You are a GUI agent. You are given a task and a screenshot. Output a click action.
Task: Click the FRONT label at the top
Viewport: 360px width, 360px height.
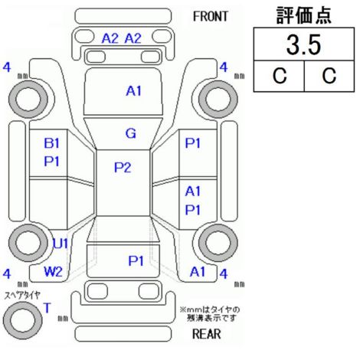(211, 17)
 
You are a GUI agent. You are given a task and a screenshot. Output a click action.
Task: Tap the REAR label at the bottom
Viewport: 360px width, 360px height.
(207, 334)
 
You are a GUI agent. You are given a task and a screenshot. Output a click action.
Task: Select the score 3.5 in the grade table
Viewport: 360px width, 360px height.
(303, 45)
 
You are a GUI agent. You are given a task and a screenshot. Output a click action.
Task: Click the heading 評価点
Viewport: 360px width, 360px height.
(303, 15)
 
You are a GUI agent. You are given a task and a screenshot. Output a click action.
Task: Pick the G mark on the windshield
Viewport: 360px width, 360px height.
(131, 133)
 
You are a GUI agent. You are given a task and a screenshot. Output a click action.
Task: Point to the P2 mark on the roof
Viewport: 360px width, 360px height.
(123, 168)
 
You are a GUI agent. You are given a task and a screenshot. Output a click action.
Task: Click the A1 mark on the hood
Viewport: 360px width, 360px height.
(133, 91)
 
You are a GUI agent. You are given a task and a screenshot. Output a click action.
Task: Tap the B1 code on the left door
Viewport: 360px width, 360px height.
(51, 143)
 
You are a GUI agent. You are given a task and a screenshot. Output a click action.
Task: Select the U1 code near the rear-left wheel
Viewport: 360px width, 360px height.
(60, 244)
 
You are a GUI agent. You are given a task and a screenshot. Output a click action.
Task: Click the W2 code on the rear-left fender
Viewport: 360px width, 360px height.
(53, 272)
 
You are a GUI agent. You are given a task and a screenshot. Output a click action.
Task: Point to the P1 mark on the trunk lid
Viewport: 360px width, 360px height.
(136, 260)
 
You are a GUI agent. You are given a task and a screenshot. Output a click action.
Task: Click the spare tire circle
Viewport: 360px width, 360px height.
(23, 320)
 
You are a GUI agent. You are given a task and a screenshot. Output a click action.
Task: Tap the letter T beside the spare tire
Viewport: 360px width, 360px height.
(47, 308)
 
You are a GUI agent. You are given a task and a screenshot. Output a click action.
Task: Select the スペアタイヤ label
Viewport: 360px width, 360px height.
(22, 296)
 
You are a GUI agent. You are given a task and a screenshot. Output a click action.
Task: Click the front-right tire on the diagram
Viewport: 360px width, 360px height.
(218, 99)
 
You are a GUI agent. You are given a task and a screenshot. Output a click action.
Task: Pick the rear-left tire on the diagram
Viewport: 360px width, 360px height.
(28, 242)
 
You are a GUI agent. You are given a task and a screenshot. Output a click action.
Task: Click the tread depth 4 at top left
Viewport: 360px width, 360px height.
(7, 67)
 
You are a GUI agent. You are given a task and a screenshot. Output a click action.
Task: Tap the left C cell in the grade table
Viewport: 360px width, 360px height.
(280, 76)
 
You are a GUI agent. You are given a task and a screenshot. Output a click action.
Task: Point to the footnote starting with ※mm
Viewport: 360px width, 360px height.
(210, 314)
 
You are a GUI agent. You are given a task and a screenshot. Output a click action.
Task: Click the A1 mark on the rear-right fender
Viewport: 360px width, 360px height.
(198, 272)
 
